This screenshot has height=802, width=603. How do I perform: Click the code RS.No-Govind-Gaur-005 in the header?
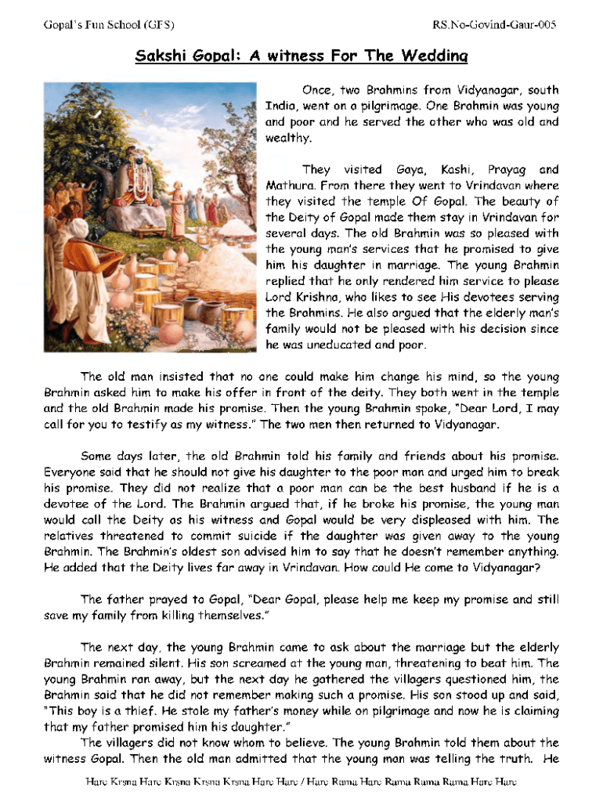pyautogui.click(x=494, y=25)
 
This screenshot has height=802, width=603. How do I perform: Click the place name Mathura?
pyautogui.click(x=290, y=186)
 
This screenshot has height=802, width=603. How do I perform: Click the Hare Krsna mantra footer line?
pyautogui.click(x=301, y=782)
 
